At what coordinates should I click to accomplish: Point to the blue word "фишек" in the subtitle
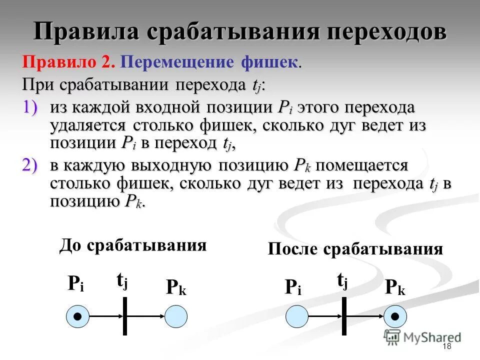[x=269, y=62]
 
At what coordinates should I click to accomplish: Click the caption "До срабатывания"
[x=133, y=245]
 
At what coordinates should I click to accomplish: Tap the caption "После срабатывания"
[x=355, y=249]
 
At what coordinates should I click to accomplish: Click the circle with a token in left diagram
[x=77, y=316]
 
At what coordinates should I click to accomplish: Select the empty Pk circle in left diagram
[x=176, y=316]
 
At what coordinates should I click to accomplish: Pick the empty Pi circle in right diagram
[x=296, y=316]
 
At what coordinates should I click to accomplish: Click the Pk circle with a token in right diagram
[x=395, y=316]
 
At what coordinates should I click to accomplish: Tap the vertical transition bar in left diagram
[x=125, y=316]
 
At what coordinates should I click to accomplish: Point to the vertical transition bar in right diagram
[x=344, y=316]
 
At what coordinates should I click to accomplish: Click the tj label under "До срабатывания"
[x=122, y=281]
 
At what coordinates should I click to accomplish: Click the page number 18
[x=446, y=347]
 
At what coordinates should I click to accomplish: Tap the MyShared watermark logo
[x=423, y=337]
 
